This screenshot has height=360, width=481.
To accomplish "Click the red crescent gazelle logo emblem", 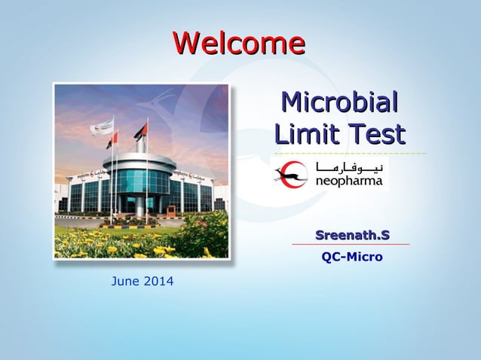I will coord(291,175).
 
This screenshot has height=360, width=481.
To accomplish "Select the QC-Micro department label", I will coord(352,258).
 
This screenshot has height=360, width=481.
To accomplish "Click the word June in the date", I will coord(125,282).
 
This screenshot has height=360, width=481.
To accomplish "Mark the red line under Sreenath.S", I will coord(351,245).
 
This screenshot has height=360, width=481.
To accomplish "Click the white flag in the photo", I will coord(103,127).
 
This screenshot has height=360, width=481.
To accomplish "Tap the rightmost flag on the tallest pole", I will coord(141,130).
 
